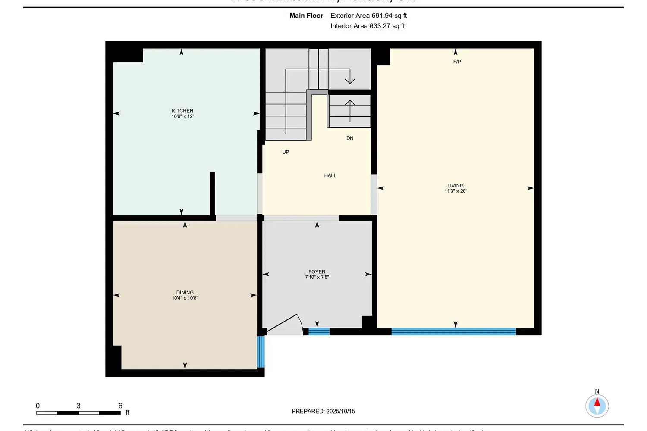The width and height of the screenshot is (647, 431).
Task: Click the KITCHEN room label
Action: coord(182,111)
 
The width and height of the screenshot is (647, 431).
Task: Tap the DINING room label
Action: coord(185,292)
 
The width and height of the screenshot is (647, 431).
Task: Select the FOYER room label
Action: coord(317,272)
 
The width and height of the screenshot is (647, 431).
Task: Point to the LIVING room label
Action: coord(455,185)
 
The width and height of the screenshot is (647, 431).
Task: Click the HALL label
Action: coord(330,175)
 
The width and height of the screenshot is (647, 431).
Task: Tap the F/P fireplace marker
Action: coord(457,62)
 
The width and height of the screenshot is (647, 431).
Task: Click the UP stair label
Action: coord(286,152)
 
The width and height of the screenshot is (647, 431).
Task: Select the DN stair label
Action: coord(350,138)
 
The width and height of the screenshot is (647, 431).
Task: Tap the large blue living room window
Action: coord(453,331)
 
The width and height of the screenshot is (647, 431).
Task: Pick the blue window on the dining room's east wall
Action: coord(261,352)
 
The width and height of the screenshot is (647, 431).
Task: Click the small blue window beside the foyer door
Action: coord(319,331)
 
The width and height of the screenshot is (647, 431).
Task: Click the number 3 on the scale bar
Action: coord(79,406)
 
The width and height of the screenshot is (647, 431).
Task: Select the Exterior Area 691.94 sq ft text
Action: coord(368,16)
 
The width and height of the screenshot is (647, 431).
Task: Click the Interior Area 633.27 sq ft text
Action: coord(367,26)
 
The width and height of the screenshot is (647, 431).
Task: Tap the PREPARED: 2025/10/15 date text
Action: coord(323,411)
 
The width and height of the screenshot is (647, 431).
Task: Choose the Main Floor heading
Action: coord(306,16)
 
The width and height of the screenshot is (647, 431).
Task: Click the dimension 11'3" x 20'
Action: coord(455,191)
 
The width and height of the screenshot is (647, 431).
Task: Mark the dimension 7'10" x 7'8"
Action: coord(317,277)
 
